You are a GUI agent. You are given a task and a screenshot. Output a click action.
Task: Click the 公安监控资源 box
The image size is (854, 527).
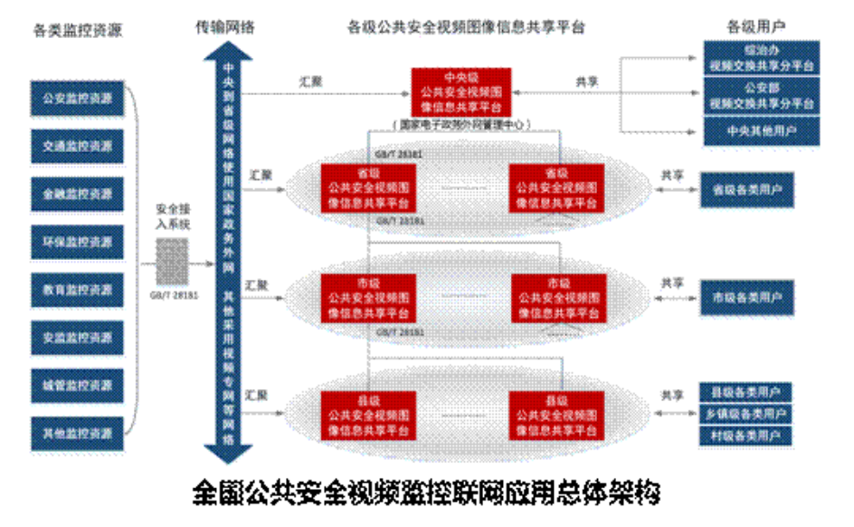(77, 99)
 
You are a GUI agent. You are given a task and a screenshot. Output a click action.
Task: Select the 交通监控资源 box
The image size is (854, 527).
(77, 147)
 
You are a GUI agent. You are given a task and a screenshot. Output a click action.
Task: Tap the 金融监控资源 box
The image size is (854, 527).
(77, 195)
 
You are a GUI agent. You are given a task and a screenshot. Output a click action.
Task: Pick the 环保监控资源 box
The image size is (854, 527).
(77, 243)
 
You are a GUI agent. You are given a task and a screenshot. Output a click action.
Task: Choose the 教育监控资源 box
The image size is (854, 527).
(77, 291)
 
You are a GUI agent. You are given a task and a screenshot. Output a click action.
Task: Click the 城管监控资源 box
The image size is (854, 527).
(77, 386)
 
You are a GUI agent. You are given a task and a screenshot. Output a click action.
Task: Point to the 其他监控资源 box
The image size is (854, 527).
(77, 434)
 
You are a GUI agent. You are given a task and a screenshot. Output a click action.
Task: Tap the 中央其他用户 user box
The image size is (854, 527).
(761, 131)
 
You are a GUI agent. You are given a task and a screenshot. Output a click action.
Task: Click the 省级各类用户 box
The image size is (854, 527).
(747, 190)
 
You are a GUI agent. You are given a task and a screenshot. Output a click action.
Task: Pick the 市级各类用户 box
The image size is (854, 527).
(747, 297)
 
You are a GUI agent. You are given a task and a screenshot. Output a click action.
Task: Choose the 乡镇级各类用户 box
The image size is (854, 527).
(746, 414)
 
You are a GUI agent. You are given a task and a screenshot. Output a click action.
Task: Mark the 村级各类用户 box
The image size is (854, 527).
(746, 436)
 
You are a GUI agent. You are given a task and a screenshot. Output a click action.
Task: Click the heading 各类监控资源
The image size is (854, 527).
(77, 30)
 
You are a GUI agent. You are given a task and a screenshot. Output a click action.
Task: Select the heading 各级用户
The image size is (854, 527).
(754, 27)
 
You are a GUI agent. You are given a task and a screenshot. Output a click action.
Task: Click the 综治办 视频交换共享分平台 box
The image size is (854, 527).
(761, 59)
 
